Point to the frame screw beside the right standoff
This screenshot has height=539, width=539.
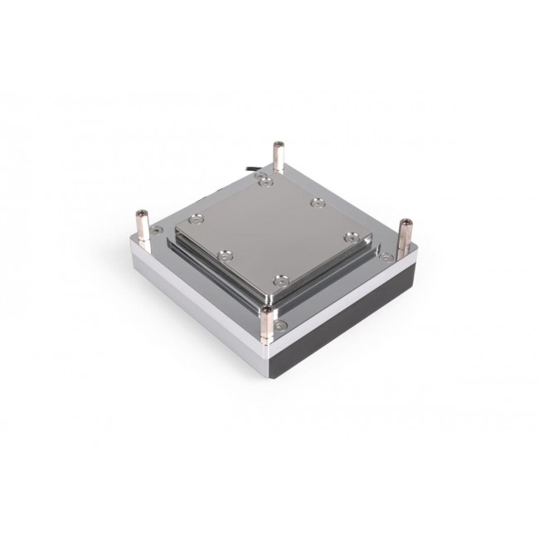(387, 257)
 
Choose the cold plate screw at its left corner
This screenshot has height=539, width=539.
(196, 220)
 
